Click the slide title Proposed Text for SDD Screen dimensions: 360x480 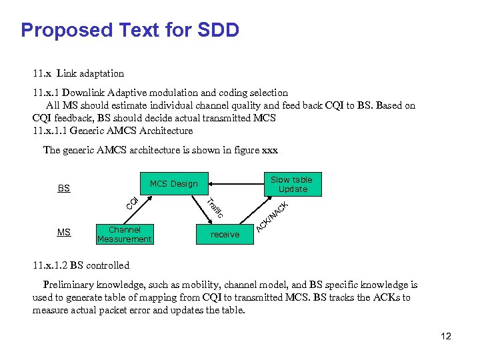(130, 31)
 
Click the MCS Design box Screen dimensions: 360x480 (173, 184)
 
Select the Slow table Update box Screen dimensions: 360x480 (291, 185)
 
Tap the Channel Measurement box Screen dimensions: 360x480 (125, 234)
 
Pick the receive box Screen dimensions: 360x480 (225, 234)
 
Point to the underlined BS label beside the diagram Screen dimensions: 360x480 (63, 189)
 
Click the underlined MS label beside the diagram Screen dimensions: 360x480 (63, 233)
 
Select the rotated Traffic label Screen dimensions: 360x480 (214, 209)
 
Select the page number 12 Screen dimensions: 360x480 (446, 336)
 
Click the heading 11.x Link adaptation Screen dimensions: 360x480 (78, 73)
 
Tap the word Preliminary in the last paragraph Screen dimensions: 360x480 (70, 285)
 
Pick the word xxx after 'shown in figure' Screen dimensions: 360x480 (269, 150)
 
